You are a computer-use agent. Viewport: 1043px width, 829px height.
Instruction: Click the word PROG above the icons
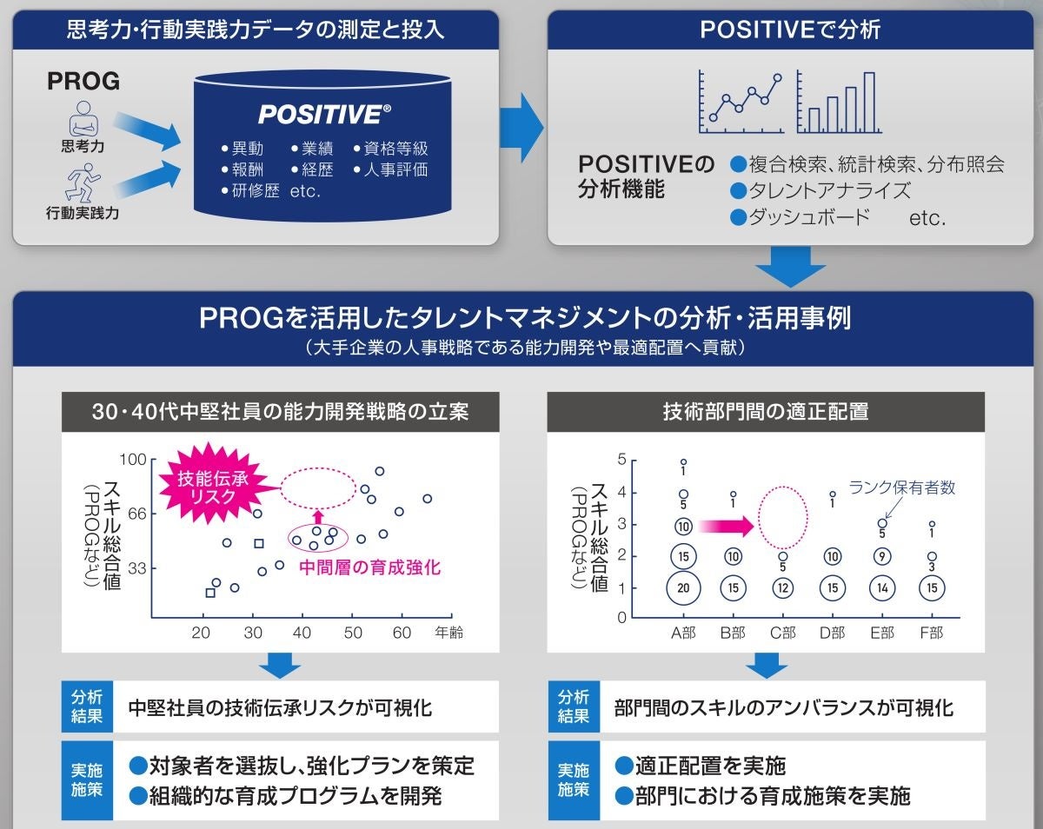83,82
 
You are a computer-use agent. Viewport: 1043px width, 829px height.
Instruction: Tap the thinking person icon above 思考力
83,118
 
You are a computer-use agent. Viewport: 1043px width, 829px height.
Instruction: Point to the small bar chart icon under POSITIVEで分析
836,103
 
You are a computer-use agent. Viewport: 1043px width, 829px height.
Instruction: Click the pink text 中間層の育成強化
369,567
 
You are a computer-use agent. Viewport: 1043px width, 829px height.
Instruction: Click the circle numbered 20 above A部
683,587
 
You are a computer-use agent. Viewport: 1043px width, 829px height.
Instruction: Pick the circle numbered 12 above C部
782,587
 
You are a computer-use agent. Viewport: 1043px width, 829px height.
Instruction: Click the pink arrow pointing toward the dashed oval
728,525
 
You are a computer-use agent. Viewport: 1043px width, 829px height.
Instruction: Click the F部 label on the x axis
931,633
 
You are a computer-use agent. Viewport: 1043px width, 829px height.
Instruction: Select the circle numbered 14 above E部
882,587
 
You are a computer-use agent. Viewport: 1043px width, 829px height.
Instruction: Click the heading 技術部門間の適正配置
766,411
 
